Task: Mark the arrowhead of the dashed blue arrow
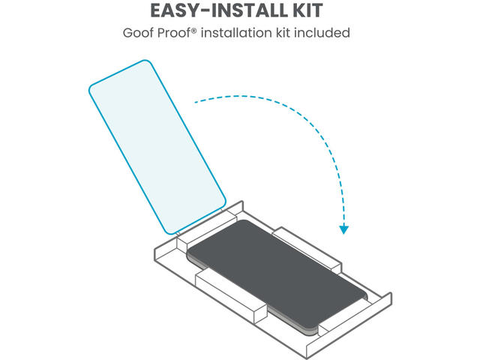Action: [x=343, y=228]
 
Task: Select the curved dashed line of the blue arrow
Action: [x=300, y=120]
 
